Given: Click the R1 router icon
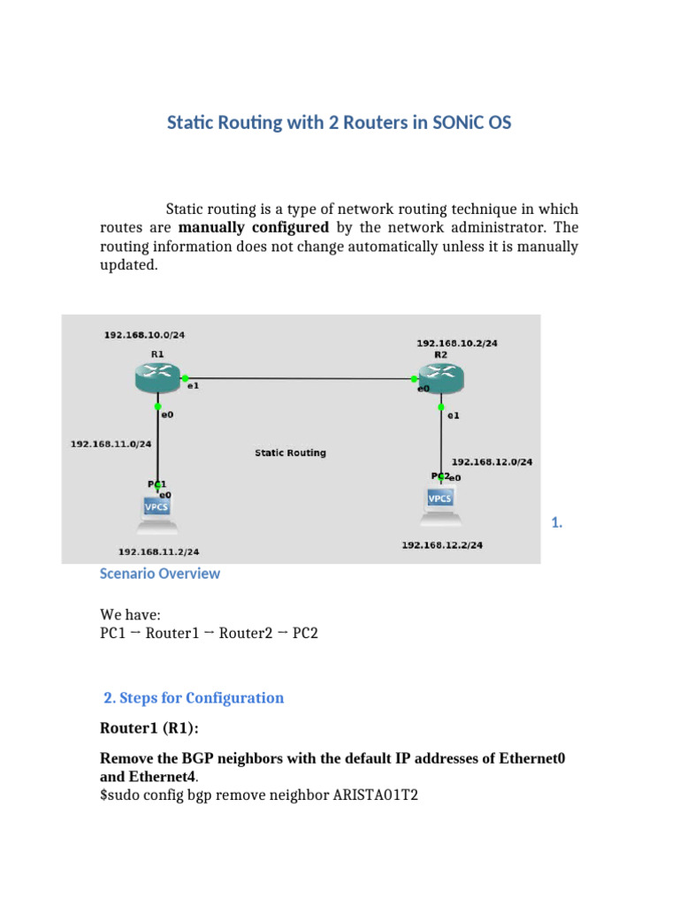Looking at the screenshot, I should (156, 379).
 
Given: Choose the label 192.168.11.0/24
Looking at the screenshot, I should (111, 445).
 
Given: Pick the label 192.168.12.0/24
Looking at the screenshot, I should (492, 461).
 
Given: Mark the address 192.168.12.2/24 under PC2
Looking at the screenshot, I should (442, 545).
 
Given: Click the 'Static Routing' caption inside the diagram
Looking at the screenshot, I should (290, 452).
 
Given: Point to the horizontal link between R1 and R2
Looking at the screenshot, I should (301, 380).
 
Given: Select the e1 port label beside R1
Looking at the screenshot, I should (192, 386).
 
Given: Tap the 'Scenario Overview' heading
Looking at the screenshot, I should (160, 574).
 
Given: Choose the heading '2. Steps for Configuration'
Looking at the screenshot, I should (194, 698).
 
